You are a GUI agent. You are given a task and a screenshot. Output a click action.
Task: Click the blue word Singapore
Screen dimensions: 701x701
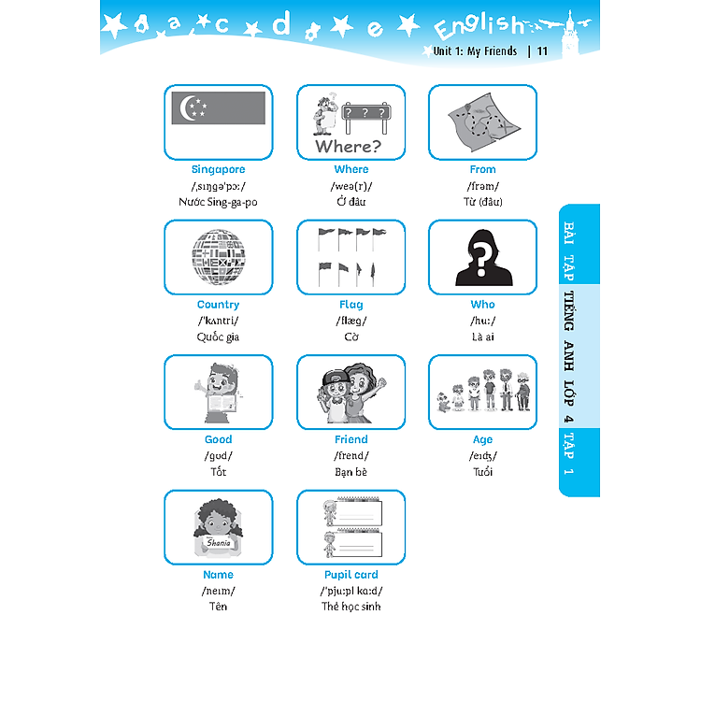(218, 169)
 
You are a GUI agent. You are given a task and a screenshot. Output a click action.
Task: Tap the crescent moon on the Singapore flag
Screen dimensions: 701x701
(186, 107)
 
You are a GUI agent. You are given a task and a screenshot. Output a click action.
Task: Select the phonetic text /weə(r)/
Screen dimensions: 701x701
(350, 186)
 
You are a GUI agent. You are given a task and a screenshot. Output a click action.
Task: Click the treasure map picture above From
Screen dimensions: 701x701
(484, 122)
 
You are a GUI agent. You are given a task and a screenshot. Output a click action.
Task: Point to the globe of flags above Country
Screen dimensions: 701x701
(219, 257)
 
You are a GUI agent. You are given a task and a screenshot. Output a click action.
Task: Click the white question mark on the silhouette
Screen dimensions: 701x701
(481, 260)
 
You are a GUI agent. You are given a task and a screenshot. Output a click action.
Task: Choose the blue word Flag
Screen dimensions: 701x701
(350, 305)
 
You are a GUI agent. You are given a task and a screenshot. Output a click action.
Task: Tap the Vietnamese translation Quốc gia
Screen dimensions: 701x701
(218, 336)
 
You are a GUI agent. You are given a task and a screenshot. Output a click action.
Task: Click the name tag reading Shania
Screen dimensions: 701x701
(219, 543)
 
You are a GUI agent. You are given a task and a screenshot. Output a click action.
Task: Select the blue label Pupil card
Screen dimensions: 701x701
(350, 575)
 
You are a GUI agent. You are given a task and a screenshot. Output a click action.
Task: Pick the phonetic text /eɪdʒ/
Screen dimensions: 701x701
(483, 455)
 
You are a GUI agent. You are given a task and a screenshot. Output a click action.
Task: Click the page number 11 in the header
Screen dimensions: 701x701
(542, 51)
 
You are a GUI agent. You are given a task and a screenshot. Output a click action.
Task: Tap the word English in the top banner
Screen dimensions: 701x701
(479, 26)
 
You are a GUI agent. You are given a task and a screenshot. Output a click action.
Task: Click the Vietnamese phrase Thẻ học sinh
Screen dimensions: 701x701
(350, 607)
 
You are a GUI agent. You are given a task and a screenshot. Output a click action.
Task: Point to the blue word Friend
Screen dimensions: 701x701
(350, 439)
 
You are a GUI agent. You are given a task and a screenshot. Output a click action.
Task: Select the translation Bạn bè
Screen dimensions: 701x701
(350, 472)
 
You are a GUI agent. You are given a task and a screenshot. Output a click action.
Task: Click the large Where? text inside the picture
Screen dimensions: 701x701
(349, 146)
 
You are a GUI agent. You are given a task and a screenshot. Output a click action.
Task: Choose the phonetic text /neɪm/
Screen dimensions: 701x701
(218, 591)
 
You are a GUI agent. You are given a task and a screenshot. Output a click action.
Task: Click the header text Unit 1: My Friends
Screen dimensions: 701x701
(475, 51)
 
